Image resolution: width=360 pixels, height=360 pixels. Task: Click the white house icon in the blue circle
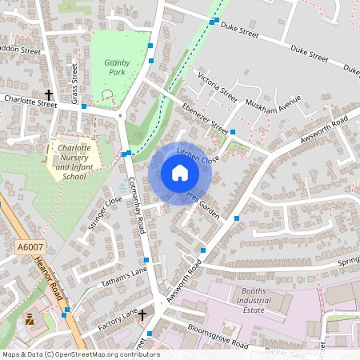tap(179, 173)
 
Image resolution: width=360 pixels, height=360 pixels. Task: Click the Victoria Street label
tap(217, 89)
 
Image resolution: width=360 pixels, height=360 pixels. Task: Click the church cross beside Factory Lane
tap(142, 314)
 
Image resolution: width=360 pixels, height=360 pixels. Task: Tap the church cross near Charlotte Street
tap(48, 94)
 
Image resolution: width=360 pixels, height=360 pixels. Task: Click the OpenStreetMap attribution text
tap(70, 354)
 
